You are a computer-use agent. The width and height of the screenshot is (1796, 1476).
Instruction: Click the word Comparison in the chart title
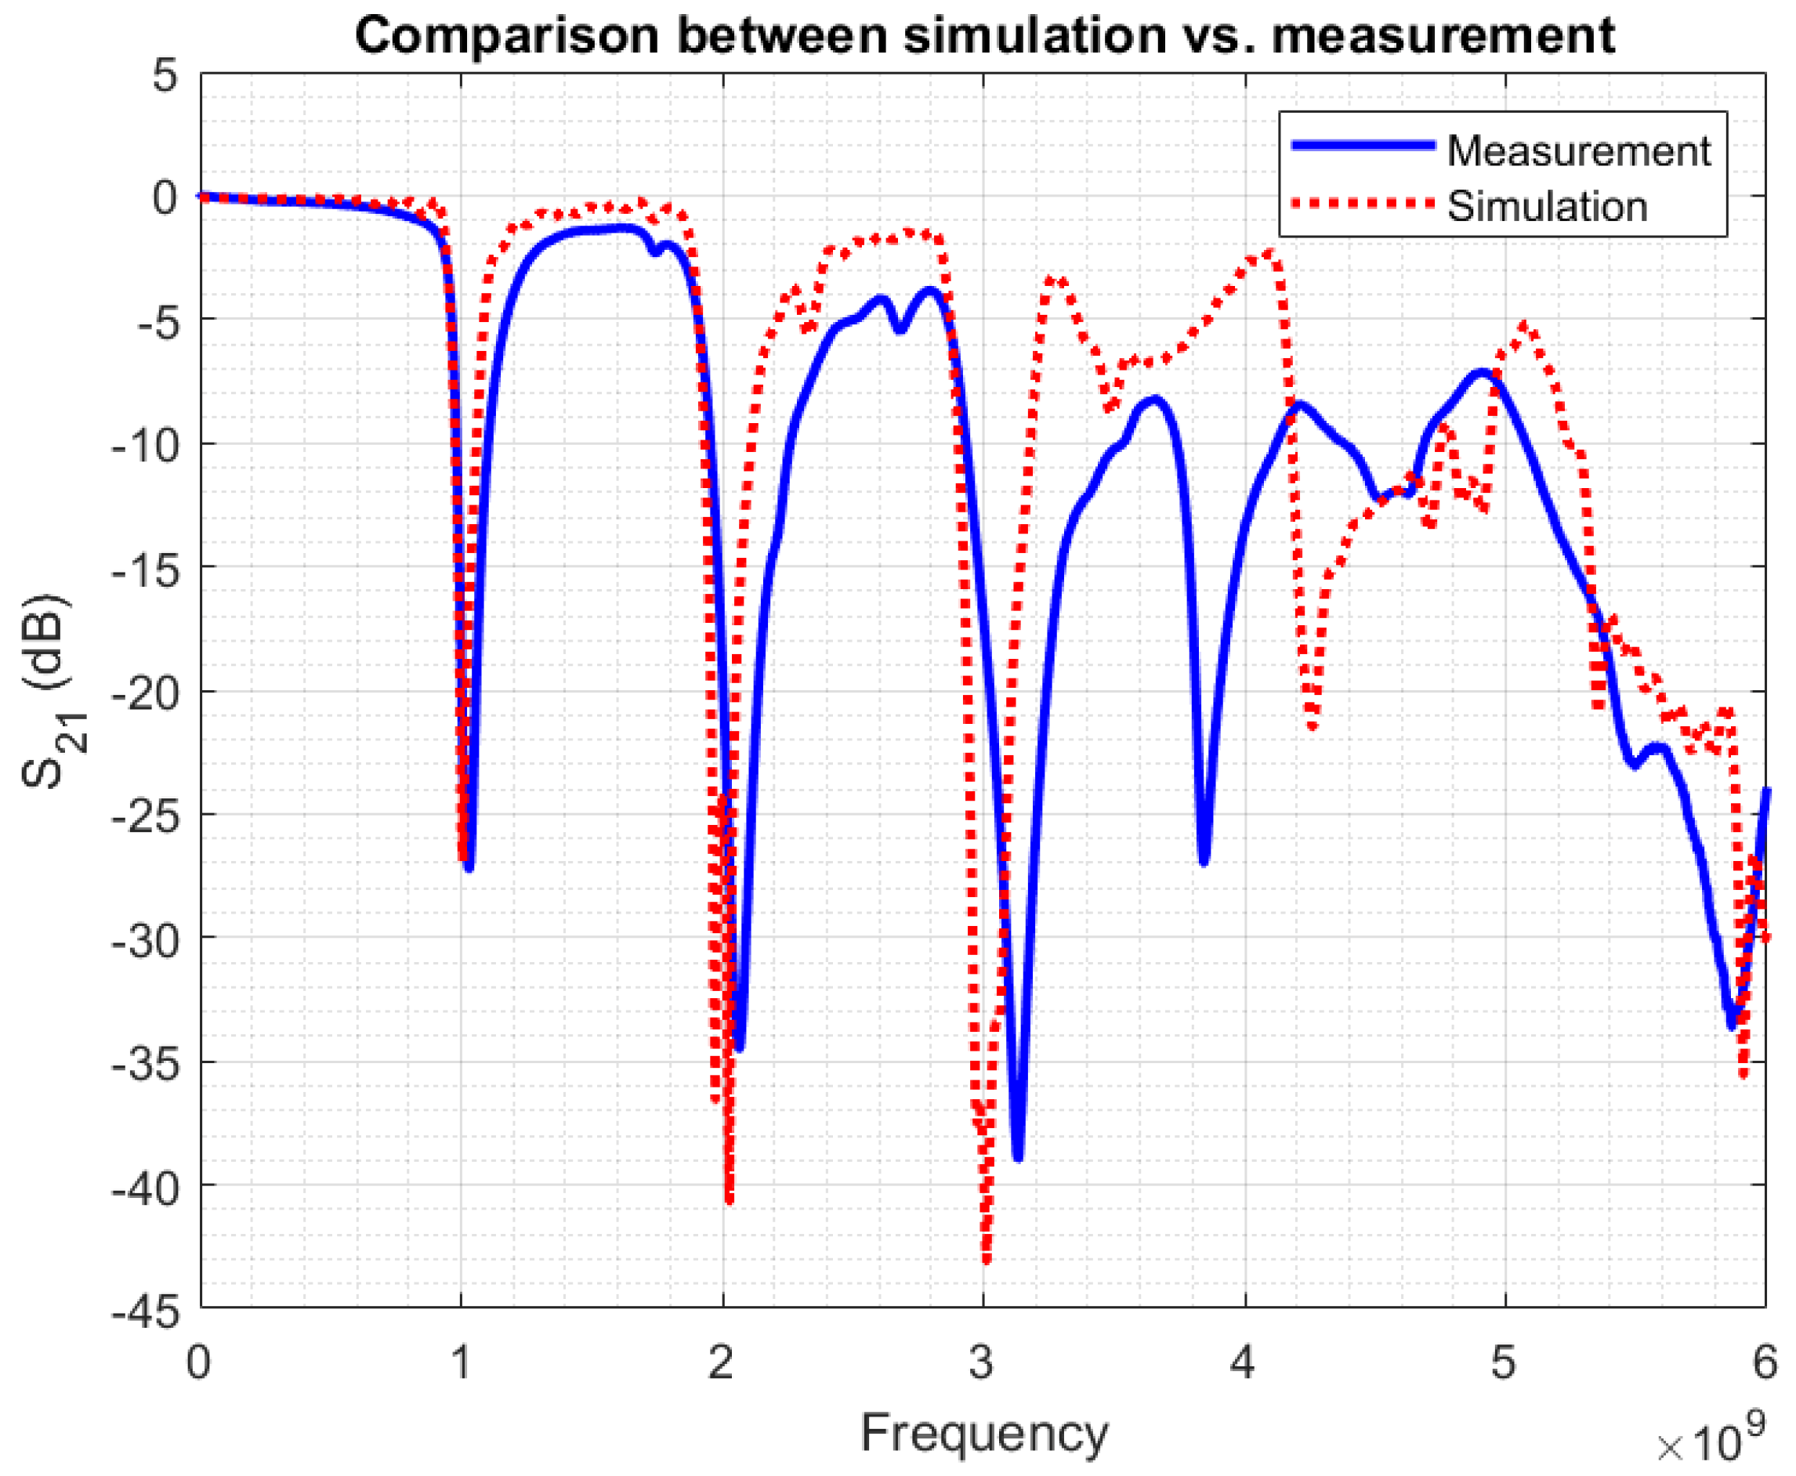[x=507, y=36]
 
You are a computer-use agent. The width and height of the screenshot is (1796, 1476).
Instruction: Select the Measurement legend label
[x=1578, y=151]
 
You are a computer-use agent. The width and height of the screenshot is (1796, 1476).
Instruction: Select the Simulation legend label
[x=1547, y=207]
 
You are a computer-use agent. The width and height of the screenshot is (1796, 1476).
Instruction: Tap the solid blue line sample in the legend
[x=1363, y=146]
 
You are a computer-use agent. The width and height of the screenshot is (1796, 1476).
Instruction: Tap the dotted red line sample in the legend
[x=1363, y=203]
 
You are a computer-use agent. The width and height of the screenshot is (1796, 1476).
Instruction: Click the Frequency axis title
[x=984, y=1434]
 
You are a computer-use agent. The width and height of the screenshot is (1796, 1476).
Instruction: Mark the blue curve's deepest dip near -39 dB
[x=1018, y=1157]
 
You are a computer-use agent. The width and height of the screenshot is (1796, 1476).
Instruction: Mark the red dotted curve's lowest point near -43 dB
[x=987, y=1260]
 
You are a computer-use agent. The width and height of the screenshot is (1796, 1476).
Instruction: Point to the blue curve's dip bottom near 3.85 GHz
[x=1204, y=862]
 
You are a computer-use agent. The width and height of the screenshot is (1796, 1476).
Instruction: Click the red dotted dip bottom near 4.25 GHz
[x=1313, y=727]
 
